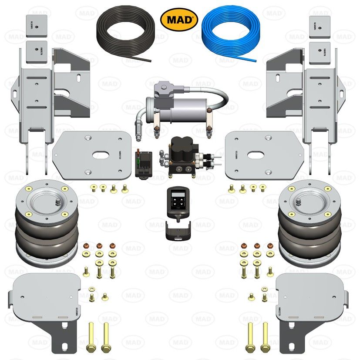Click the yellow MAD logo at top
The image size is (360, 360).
point(179,19)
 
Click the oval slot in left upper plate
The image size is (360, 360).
point(100,155)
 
